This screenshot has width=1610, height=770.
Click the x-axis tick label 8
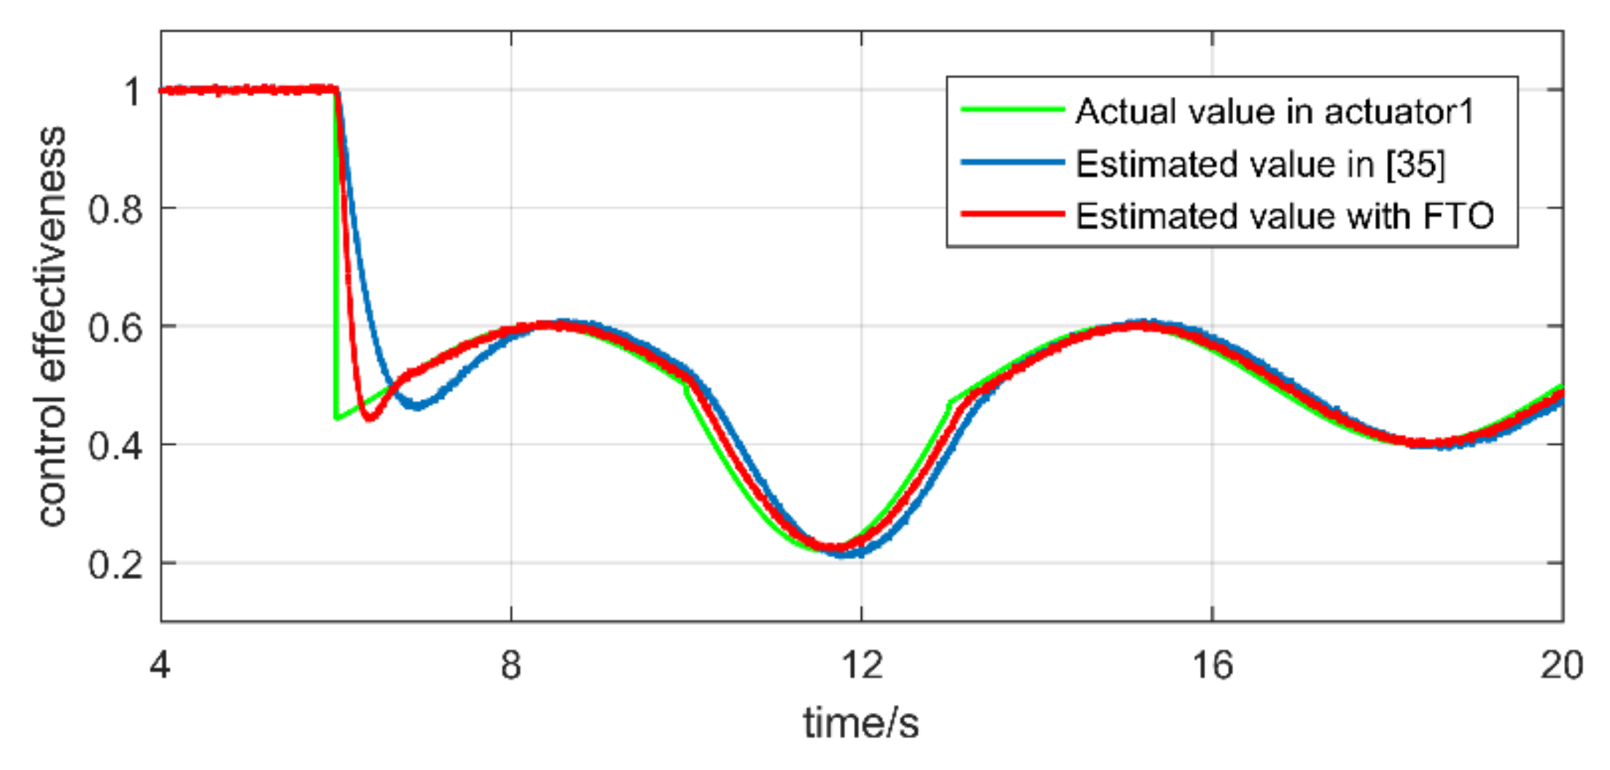click(510, 666)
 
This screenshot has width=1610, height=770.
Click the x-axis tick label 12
click(861, 666)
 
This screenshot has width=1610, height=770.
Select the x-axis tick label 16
click(1212, 666)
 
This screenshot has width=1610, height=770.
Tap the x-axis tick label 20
click(1561, 666)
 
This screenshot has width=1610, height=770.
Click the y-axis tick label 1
click(132, 93)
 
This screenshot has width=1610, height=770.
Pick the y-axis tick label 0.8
click(115, 211)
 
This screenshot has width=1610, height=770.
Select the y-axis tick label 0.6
click(115, 328)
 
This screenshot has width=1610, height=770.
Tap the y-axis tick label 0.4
click(115, 446)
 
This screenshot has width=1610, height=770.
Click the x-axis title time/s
click(860, 723)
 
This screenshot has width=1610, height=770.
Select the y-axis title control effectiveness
click(52, 326)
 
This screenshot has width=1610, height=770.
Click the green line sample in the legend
click(1012, 109)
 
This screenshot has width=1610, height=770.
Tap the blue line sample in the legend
click(1012, 163)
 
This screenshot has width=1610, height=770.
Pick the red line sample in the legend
click(1012, 214)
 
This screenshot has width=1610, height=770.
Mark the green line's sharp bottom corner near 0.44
click(335, 419)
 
